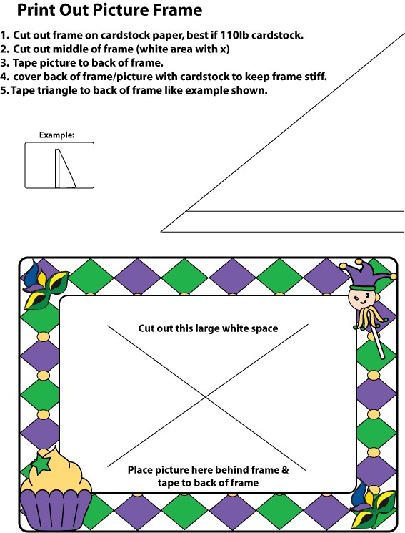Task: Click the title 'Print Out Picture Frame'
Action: coord(109,10)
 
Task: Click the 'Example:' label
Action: coord(56,135)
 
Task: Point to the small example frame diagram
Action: coord(59,165)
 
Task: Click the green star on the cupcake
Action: coord(41,464)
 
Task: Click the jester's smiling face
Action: coord(362,298)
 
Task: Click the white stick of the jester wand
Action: coord(379,343)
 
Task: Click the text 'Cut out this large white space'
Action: coord(208,328)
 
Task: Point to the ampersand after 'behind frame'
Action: coord(285,470)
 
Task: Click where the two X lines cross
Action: coord(206,396)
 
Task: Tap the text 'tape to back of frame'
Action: coord(208,483)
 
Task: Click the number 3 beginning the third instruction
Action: coord(4,63)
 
